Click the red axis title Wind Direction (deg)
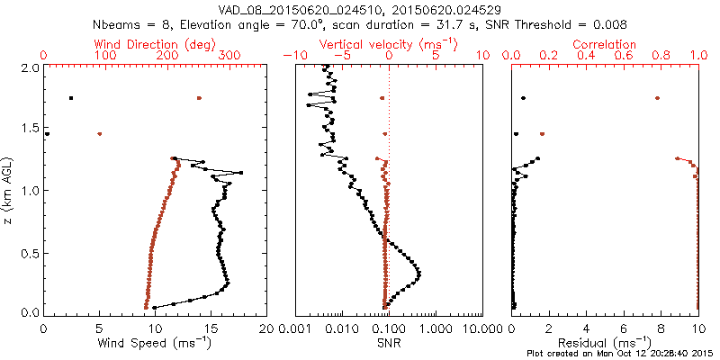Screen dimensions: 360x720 pos(155,44)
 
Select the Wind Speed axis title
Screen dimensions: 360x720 pos(155,343)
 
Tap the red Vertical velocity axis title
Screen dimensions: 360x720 pos(389,44)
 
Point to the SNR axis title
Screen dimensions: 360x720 pos(389,343)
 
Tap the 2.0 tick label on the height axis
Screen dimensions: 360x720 pos(29,67)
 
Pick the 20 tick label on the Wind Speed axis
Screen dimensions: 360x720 pos(265,329)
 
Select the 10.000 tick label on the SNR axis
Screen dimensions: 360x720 pos(481,329)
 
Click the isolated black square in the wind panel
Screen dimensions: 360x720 pos(70,98)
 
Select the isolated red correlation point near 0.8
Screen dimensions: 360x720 pos(658,98)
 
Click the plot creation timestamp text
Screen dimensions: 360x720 pos(620,354)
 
